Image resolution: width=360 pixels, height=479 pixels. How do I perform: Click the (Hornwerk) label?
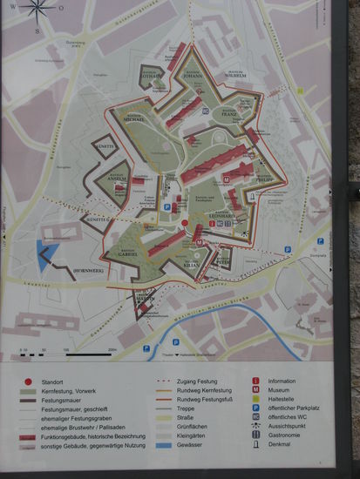88,271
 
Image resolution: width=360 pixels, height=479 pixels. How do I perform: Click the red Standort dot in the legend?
29,381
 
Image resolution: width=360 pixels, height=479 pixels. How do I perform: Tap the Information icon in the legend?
255,381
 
